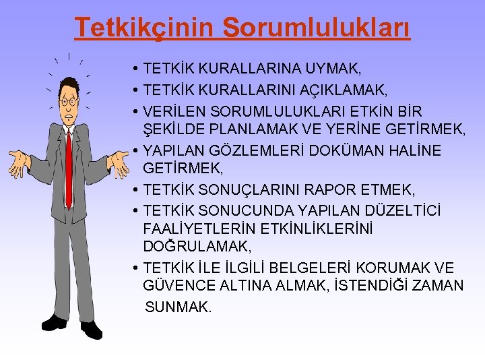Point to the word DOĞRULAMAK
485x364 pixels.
click(197, 247)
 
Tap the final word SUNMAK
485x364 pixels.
click(179, 307)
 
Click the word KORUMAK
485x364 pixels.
click(394, 268)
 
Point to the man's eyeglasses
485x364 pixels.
click(68, 102)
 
